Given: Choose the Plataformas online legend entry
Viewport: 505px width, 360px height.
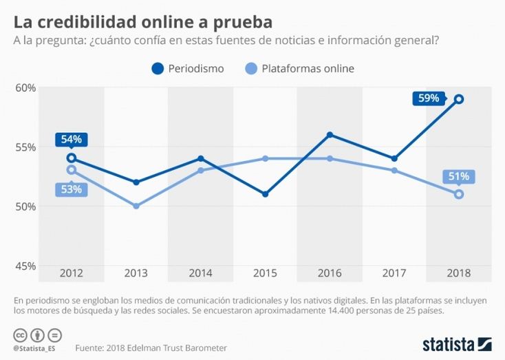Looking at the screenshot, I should coord(300,69).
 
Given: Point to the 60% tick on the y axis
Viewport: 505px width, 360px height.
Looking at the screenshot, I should coord(25,87).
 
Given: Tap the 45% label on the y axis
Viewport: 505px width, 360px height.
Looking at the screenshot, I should coord(25,266).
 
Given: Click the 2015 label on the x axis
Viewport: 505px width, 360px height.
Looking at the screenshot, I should coord(265,273).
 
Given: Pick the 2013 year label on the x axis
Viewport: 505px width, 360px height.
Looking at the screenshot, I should coord(136,273).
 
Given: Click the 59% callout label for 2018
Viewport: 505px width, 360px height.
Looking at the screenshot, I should coord(428,98).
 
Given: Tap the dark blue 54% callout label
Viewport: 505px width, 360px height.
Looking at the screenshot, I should coord(72,140).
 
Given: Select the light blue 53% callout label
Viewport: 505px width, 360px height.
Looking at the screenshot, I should coord(71,189).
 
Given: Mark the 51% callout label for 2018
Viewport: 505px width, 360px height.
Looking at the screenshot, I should coord(459,176).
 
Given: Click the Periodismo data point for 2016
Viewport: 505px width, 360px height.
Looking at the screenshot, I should coord(330,135).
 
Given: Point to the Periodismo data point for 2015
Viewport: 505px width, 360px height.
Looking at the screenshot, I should coord(265,194).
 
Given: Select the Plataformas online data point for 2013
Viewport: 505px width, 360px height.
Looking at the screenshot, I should coord(136,206).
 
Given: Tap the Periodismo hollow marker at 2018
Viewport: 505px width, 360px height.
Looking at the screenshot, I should coord(459,99).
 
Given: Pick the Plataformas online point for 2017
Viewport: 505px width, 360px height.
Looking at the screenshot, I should coord(394,170).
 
